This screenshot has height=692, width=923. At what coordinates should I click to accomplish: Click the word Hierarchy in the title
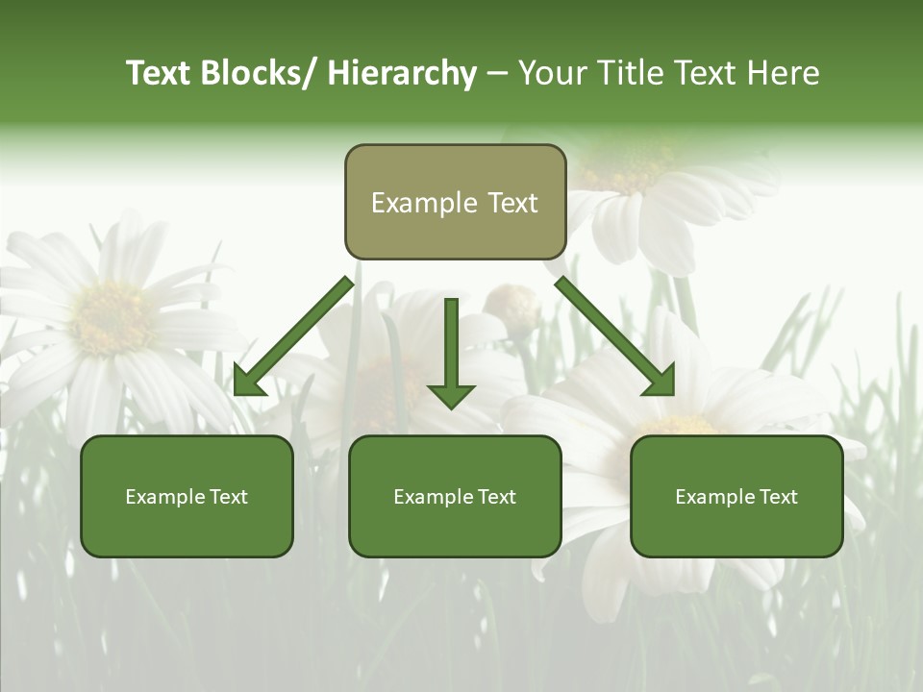click(x=402, y=73)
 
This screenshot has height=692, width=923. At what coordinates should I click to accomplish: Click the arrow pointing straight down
click(x=452, y=356)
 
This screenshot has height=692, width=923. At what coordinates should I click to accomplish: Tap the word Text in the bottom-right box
click(x=778, y=497)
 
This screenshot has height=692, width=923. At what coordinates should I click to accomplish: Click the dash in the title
click(x=497, y=73)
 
